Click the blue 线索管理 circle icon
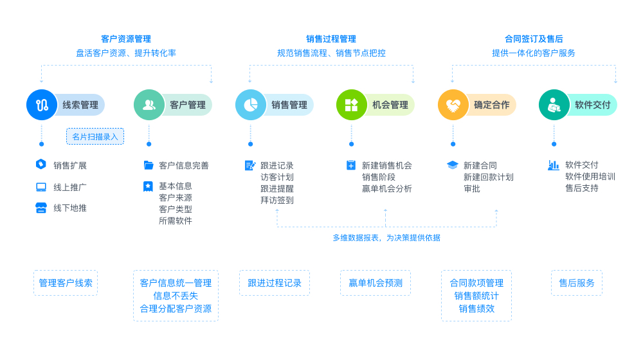tap(42, 105)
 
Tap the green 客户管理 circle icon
tap(149, 105)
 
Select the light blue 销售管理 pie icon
tap(251, 105)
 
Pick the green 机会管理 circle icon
tap(352, 105)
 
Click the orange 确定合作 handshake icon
tap(453, 105)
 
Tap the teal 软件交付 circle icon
tap(554, 105)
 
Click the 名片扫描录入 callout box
tap(95, 136)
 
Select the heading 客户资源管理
tap(126, 39)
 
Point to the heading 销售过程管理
tap(331, 39)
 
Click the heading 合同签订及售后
tap(534, 39)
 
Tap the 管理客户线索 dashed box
tap(66, 283)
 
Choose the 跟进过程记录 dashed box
tap(275, 283)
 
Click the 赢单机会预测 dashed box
tap(376, 283)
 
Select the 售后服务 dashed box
tap(577, 283)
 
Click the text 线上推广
tap(70, 187)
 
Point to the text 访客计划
tap(277, 177)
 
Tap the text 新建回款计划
tap(488, 177)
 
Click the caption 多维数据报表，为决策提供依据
tap(386, 238)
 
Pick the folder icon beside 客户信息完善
tap(149, 165)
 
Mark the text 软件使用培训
tap(590, 177)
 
